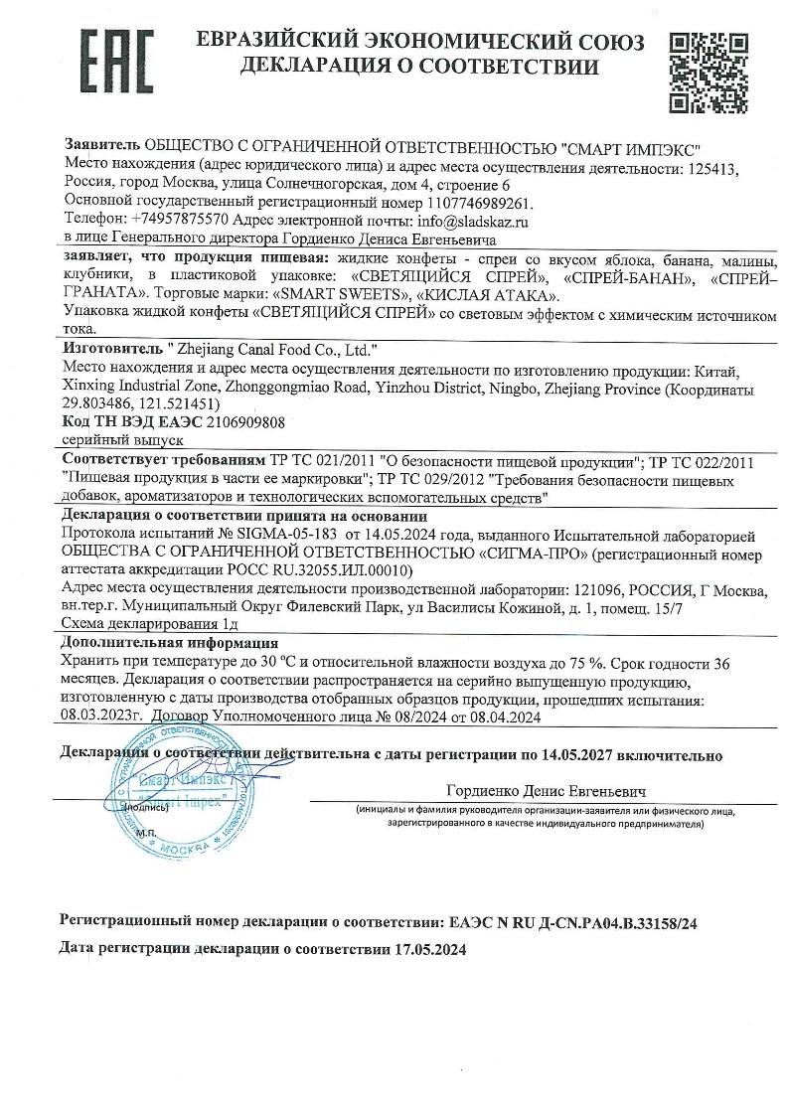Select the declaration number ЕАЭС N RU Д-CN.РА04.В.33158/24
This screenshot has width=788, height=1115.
tap(573, 922)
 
